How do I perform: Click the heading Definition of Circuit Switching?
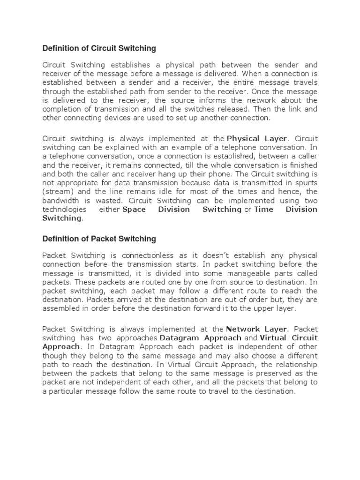(99, 48)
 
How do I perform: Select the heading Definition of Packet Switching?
(99, 239)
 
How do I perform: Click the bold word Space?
(134, 210)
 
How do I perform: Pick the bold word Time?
(263, 210)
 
